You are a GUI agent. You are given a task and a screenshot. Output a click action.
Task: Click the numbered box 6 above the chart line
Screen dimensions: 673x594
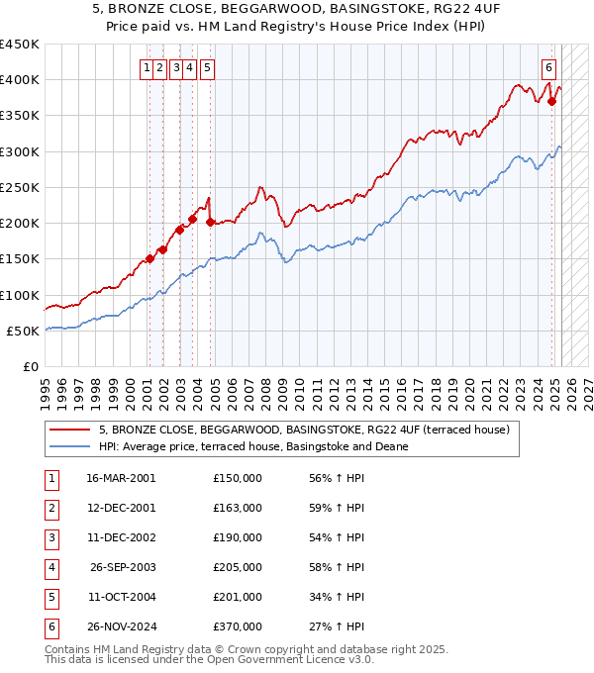click(x=548, y=68)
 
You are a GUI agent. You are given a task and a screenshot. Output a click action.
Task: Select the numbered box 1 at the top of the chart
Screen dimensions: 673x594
click(x=147, y=68)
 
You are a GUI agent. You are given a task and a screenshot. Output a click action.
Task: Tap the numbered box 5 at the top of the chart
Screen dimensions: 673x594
click(x=208, y=68)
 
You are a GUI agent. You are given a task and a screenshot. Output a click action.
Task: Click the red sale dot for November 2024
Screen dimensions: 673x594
click(x=551, y=101)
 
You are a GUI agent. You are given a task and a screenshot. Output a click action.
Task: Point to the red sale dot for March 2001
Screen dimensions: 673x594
click(x=149, y=259)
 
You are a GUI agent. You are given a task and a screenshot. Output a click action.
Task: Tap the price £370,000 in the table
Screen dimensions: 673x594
click(x=238, y=626)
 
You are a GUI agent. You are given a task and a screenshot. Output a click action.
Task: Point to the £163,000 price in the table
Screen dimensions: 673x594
click(x=238, y=508)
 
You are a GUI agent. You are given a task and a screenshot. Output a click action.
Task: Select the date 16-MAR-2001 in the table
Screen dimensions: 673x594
click(x=121, y=478)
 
